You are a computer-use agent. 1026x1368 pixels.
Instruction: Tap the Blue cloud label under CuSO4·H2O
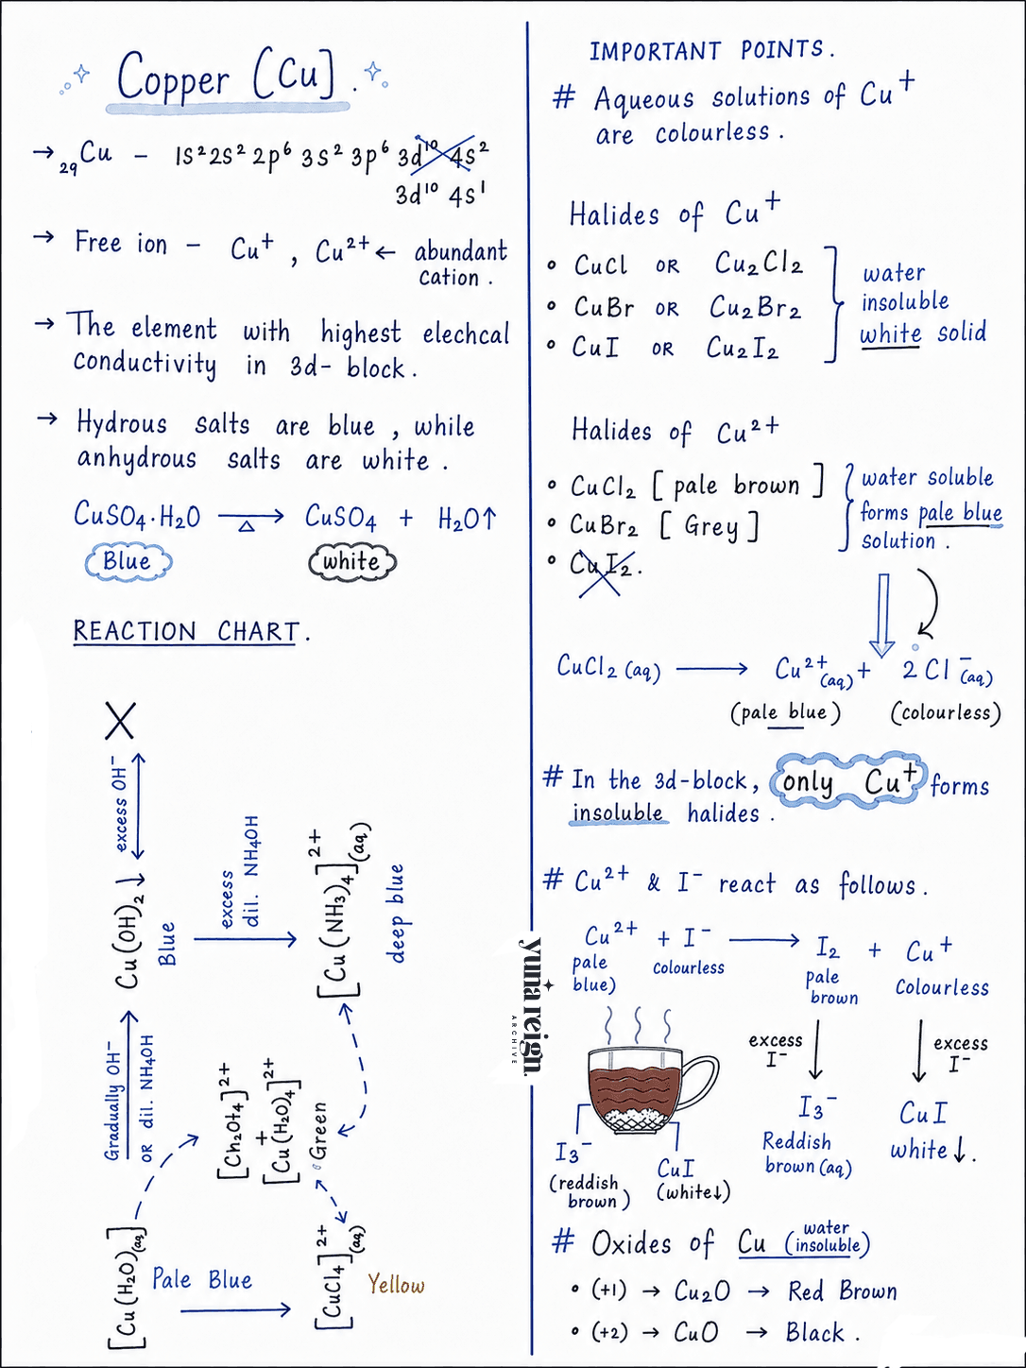pyautogui.click(x=128, y=561)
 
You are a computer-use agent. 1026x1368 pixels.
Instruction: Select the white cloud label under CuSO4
pyautogui.click(x=352, y=561)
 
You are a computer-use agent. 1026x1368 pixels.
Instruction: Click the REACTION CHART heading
pyautogui.click(x=187, y=631)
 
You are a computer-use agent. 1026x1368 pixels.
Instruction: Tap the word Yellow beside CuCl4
pyautogui.click(x=396, y=1285)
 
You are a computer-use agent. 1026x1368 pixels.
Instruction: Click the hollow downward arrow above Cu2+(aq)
pyautogui.click(x=882, y=615)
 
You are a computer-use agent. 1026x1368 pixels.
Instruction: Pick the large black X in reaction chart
pyautogui.click(x=120, y=721)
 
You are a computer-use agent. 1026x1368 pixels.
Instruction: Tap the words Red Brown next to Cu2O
pyautogui.click(x=842, y=1291)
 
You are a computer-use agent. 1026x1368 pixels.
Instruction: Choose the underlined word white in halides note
pyautogui.click(x=890, y=334)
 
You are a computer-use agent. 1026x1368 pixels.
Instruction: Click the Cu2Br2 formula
pyautogui.click(x=755, y=307)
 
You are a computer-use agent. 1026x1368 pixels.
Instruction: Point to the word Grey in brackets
pyautogui.click(x=711, y=526)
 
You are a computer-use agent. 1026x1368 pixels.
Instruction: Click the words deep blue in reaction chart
pyautogui.click(x=397, y=913)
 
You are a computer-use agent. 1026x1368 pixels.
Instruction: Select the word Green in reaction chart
pyautogui.click(x=319, y=1131)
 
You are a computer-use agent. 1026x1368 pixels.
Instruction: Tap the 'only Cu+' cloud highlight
pyautogui.click(x=848, y=780)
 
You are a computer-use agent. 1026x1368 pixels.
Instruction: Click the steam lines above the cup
pyautogui.click(x=638, y=1025)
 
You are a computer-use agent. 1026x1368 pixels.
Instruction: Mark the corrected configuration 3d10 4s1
pyautogui.click(x=440, y=196)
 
